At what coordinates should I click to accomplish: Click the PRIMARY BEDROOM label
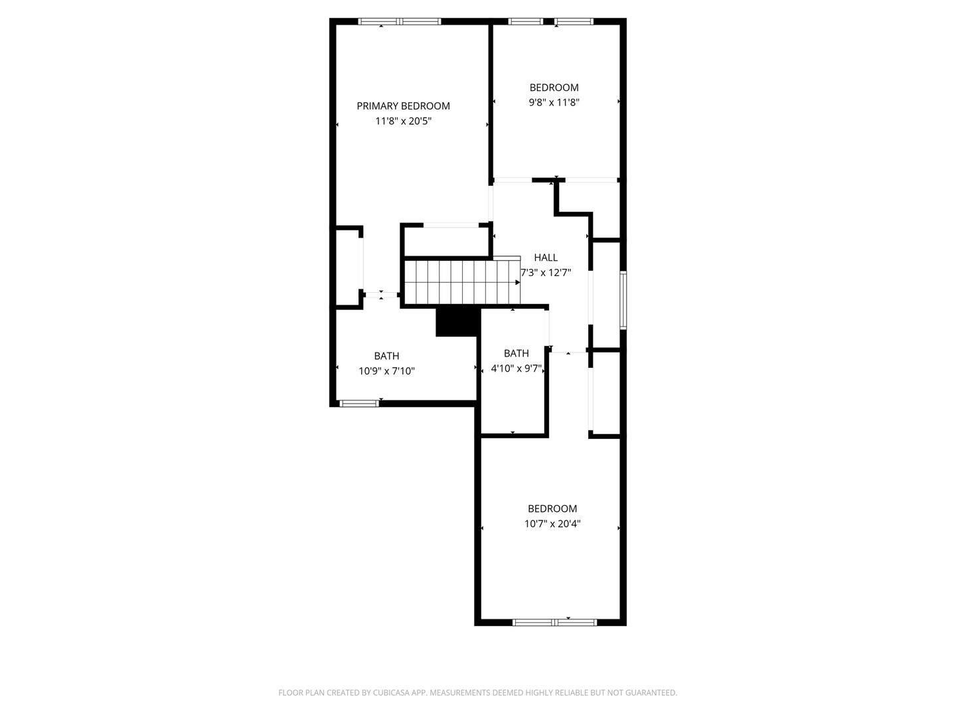point(403,106)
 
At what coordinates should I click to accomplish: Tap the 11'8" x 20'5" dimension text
point(403,121)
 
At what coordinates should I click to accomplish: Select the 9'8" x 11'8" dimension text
point(554,102)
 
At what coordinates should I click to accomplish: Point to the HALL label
point(545,258)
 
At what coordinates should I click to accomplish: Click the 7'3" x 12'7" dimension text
point(545,272)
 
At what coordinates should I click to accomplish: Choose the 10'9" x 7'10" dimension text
point(386,371)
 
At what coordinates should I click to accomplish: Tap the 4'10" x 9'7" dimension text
point(516,368)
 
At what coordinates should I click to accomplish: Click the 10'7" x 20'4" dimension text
point(552,524)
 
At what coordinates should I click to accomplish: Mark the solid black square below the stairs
point(457,322)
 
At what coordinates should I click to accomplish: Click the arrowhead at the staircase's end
point(517,283)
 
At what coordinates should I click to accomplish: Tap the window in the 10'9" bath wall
point(359,404)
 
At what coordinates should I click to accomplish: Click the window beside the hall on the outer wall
point(623,300)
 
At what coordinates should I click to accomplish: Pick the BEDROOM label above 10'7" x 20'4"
point(552,509)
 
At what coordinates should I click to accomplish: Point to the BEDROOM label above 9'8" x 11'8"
point(554,88)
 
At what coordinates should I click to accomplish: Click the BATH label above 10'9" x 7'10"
point(386,356)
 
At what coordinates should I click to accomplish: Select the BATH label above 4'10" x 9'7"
point(516,353)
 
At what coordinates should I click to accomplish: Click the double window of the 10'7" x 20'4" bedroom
point(554,623)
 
